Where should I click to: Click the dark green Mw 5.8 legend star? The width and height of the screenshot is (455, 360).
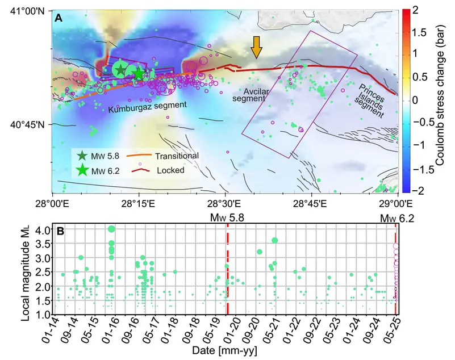[82, 156]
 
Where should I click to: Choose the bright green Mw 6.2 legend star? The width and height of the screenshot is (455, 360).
[82, 169]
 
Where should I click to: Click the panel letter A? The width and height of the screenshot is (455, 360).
[59, 18]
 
